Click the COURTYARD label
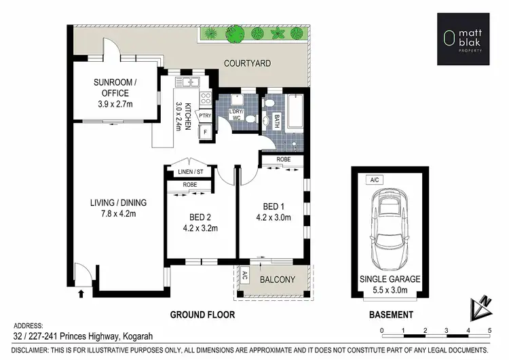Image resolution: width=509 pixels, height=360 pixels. (248, 63)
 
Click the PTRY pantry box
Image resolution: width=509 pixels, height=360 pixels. (205, 116)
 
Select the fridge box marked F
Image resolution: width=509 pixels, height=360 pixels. (204, 132)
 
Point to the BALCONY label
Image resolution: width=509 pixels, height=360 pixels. (276, 279)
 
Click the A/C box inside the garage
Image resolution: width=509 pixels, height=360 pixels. (372, 181)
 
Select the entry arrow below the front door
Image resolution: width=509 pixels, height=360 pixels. (82, 293)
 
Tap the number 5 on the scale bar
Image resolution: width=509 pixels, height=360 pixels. (489, 331)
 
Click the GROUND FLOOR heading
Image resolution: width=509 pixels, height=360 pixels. (202, 314)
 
